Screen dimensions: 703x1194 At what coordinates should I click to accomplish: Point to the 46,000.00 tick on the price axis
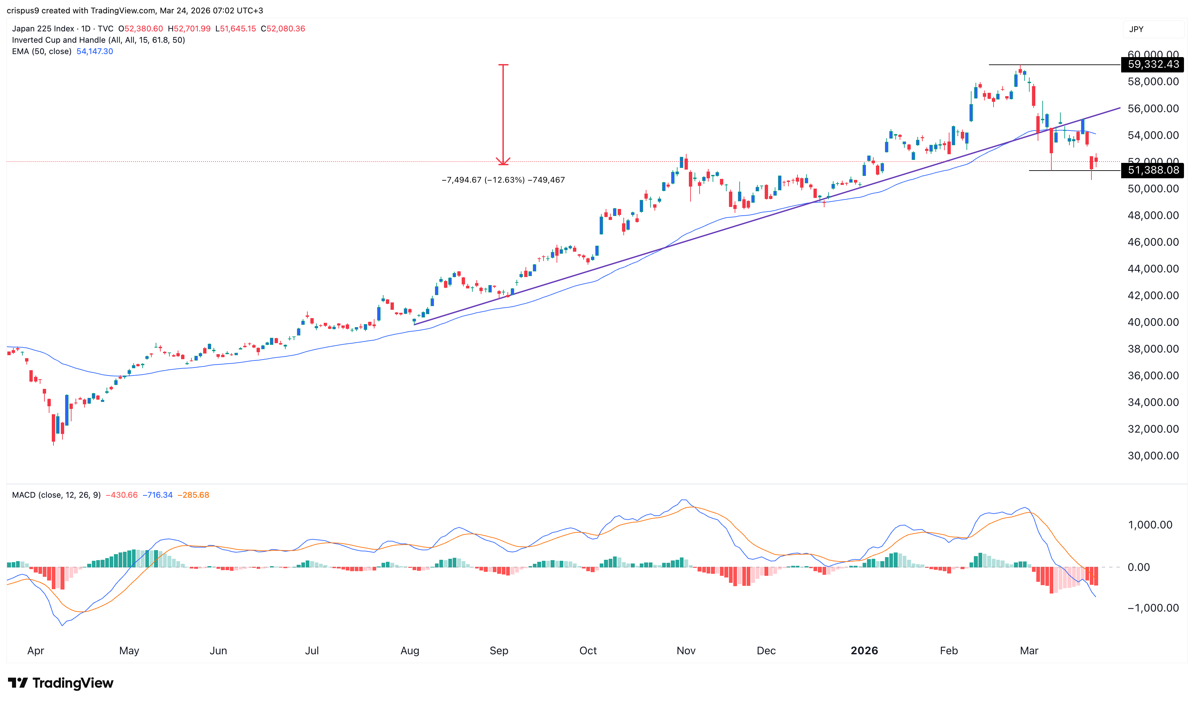(1153, 242)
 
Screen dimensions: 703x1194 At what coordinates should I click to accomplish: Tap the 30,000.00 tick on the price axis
(1153, 456)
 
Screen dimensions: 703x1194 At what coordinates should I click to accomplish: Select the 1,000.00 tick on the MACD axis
(1150, 525)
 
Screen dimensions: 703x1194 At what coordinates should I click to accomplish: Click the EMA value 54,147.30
(95, 51)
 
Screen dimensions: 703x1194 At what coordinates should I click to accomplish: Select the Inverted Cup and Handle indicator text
(98, 40)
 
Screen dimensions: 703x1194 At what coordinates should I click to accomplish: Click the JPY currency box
(1136, 29)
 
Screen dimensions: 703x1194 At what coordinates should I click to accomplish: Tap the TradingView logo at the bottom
(61, 683)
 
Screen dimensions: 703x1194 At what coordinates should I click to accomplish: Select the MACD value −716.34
(157, 495)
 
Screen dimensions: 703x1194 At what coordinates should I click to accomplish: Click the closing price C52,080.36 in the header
(283, 28)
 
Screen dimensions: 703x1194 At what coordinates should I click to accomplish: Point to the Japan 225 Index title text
(43, 28)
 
